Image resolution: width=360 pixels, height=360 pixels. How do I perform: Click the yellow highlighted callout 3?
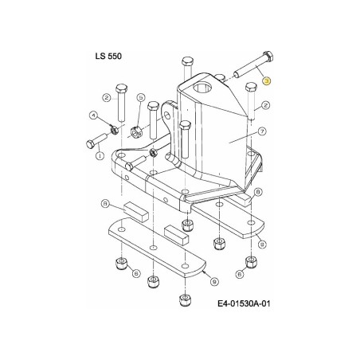click(x=267, y=80)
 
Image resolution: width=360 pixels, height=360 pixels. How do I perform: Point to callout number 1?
click(x=99, y=157)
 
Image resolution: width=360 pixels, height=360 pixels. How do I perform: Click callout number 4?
click(x=93, y=116)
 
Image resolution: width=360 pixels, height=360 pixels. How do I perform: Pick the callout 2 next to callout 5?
click(x=104, y=97)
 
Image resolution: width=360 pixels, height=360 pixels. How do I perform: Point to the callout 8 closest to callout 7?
click(x=258, y=192)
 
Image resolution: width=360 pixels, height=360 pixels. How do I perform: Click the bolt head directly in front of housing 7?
click(x=184, y=126)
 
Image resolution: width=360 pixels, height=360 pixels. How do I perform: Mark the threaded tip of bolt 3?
click(x=229, y=76)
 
